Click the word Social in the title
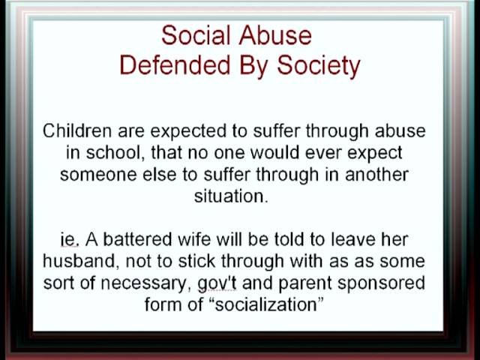coord(196,35)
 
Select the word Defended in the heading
coord(175,65)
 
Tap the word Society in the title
coord(319,67)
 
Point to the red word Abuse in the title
coord(275,35)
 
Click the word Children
coord(77,131)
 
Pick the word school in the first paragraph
coord(112,152)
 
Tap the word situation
coord(231,196)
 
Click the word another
coord(376,175)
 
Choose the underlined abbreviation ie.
coord(70,240)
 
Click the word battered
coord(137,239)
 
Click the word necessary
coord(143,283)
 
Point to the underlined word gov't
coord(217,283)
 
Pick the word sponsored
coord(382,283)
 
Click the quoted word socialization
coord(265,305)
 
